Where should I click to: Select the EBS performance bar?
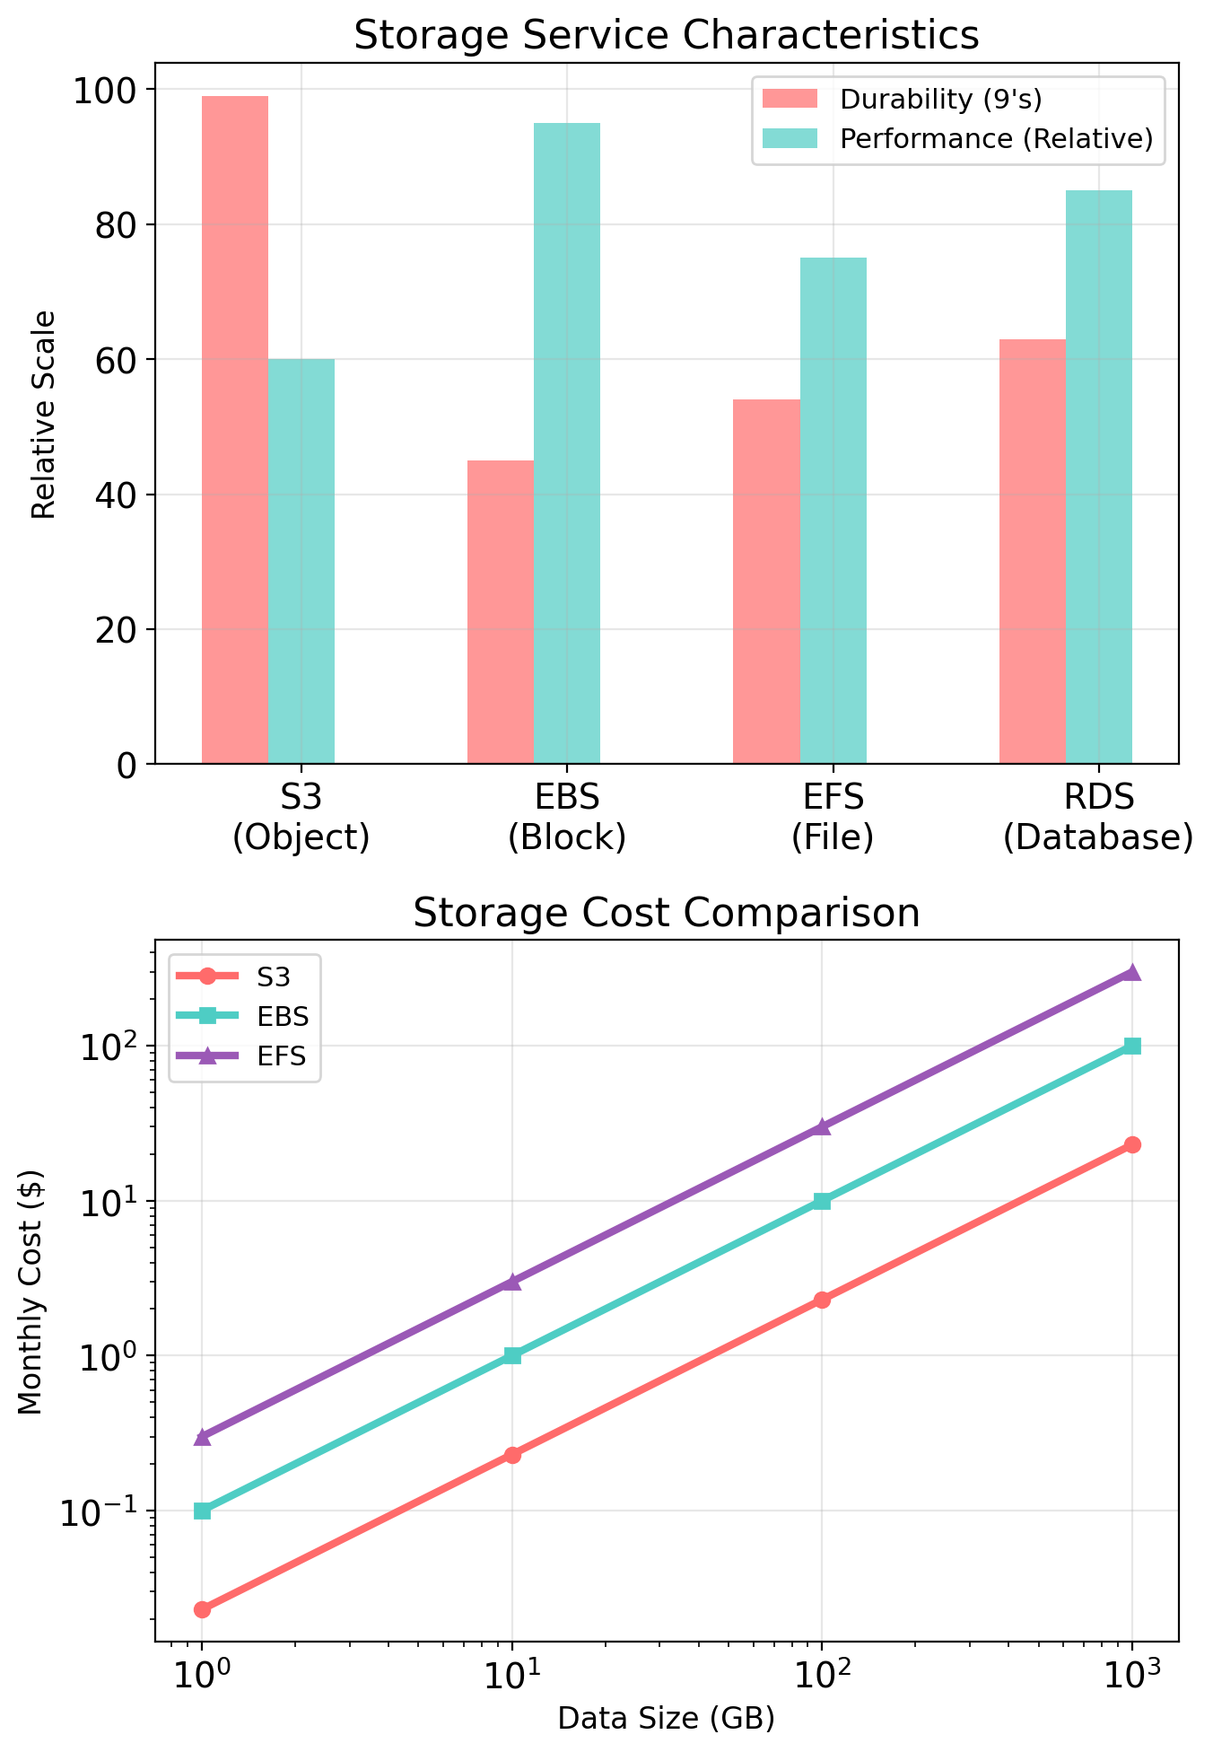pos(567,443)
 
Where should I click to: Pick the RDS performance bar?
pos(1099,477)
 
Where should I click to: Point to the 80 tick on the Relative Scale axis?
pos(115,225)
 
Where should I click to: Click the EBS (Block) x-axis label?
pos(567,817)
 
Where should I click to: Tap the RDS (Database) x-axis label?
pos(1098,817)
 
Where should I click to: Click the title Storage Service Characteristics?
pos(666,36)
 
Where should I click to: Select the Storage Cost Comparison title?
pos(666,914)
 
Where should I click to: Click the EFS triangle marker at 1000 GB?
pos(1132,972)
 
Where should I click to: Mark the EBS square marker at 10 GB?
pos(512,1355)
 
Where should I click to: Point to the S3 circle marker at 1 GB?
pos(203,1609)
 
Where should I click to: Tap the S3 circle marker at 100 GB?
pos(822,1300)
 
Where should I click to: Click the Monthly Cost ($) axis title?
pos(32,1292)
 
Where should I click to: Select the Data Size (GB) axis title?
pos(666,1718)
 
